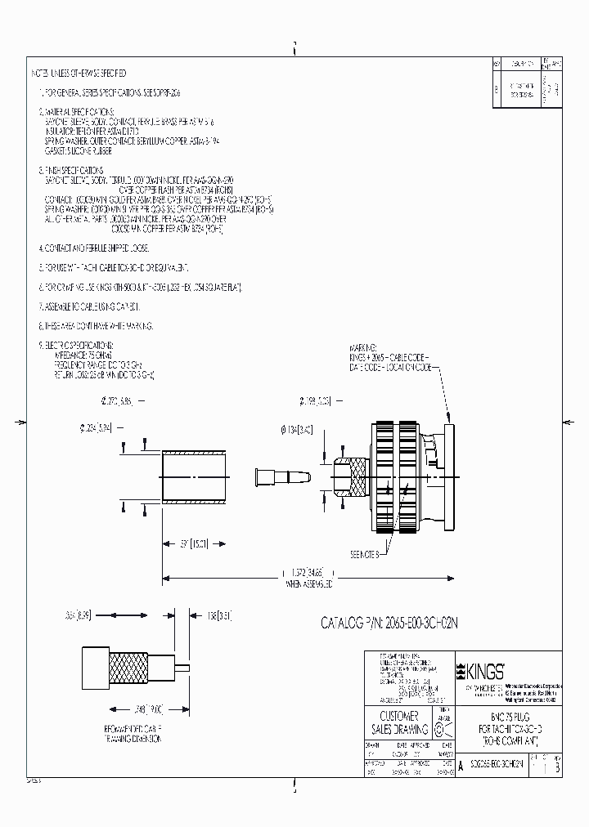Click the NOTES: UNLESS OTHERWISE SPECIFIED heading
[79, 74]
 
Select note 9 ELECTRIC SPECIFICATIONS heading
[83, 345]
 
